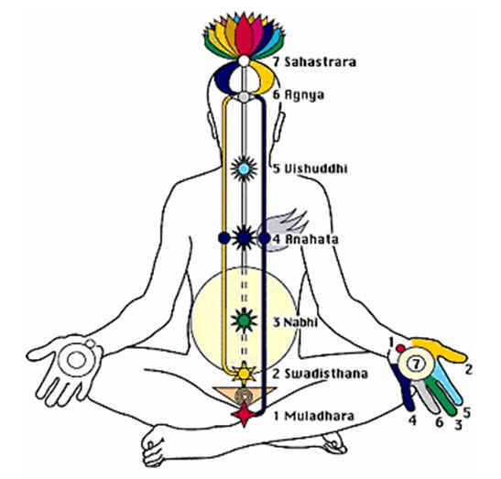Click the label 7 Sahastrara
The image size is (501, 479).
click(314, 61)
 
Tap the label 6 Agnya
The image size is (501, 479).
click(298, 95)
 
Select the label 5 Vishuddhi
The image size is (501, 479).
click(310, 169)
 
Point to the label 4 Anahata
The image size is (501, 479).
click(305, 239)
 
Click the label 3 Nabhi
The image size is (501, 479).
click(295, 322)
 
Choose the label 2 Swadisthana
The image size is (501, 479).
click(320, 374)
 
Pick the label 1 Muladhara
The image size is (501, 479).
click(314, 416)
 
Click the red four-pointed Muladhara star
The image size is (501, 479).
click(244, 415)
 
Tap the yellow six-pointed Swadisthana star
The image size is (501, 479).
click(244, 374)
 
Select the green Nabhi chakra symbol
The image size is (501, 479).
click(244, 320)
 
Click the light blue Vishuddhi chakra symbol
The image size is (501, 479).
click(244, 169)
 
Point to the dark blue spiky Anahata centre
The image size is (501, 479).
click(244, 238)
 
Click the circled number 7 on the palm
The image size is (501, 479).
click(416, 364)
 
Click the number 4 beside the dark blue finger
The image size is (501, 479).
click(412, 420)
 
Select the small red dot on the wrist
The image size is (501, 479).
click(400, 348)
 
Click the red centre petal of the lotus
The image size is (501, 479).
click(245, 35)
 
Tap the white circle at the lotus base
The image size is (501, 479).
click(244, 61)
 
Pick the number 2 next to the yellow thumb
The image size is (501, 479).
click(468, 369)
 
